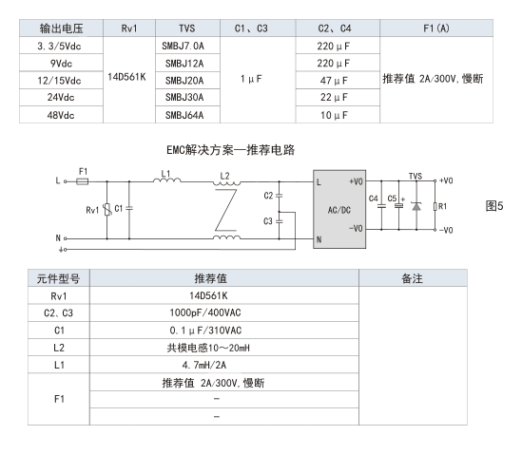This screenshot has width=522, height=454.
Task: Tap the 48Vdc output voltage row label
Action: pos(61,115)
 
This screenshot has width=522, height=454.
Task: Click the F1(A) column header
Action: pos(436,28)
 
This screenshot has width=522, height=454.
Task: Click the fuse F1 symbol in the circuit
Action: pos(82,181)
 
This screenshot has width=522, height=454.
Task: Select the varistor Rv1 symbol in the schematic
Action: pos(106,210)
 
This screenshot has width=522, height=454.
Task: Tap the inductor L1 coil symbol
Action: pos(167,180)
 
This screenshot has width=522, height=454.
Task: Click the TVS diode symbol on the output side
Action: pos(416,206)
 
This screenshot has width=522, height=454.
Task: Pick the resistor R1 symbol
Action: pos(435,206)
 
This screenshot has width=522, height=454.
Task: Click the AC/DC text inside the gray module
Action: pos(339,210)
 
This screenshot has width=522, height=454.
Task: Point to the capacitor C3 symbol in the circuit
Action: pos(280,221)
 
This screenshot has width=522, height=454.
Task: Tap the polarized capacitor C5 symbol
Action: pos(398,206)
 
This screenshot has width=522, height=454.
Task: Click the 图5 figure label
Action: pos(494,206)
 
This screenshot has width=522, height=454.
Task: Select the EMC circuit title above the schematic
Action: pos(230,150)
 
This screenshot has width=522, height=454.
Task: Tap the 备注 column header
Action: pos(413,278)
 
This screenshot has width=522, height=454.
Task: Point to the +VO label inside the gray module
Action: pos(356,181)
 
